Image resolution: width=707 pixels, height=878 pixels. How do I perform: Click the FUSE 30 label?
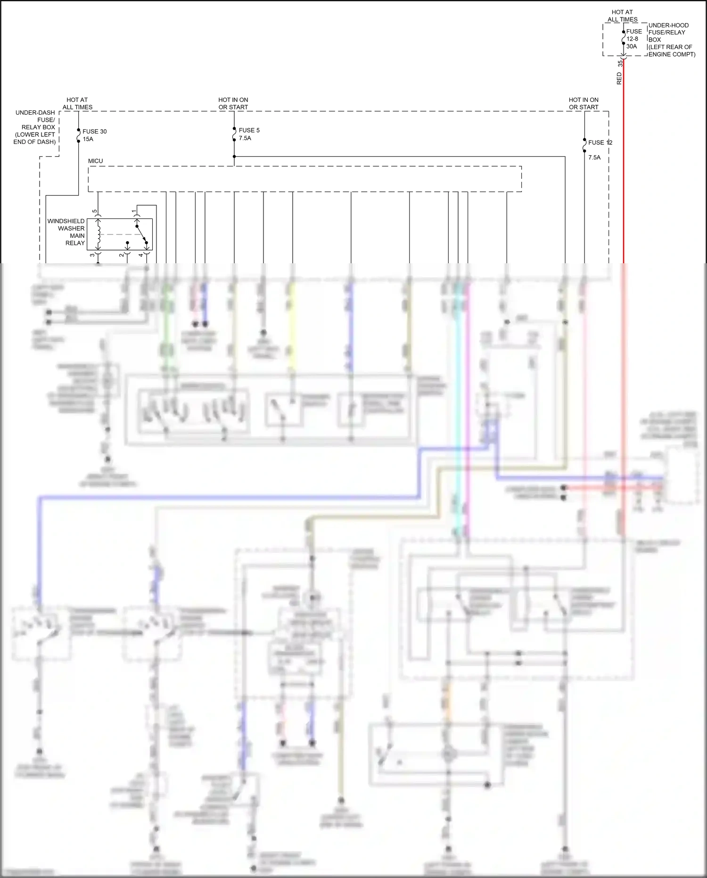tap(94, 132)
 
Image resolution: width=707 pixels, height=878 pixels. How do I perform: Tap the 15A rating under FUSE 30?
tap(88, 139)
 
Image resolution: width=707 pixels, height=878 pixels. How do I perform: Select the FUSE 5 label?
tap(249, 130)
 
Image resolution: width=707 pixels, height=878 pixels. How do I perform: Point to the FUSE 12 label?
tap(600, 142)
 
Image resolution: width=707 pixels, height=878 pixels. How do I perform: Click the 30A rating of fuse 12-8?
tap(632, 46)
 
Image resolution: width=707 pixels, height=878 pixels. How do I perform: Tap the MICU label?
tap(95, 161)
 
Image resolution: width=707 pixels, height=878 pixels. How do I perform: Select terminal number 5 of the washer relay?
tap(95, 211)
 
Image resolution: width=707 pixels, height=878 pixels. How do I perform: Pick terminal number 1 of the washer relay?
tap(134, 210)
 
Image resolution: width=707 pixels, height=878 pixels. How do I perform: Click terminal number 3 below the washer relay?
tap(92, 255)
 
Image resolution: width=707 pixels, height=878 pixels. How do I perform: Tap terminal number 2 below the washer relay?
tap(122, 255)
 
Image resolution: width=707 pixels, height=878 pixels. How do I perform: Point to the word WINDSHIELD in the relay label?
tap(66, 221)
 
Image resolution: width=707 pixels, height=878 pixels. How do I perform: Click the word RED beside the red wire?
tap(619, 78)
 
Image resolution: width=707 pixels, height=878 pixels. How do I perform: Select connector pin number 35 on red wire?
tap(620, 63)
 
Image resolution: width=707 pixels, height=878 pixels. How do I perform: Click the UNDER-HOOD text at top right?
tap(668, 25)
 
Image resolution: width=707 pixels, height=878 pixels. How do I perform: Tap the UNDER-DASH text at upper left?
tap(35, 113)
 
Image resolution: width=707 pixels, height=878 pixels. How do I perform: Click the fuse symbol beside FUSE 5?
tap(234, 134)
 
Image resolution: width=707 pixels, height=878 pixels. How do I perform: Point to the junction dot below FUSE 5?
tap(234, 156)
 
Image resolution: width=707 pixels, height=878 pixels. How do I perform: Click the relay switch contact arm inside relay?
tap(141, 234)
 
